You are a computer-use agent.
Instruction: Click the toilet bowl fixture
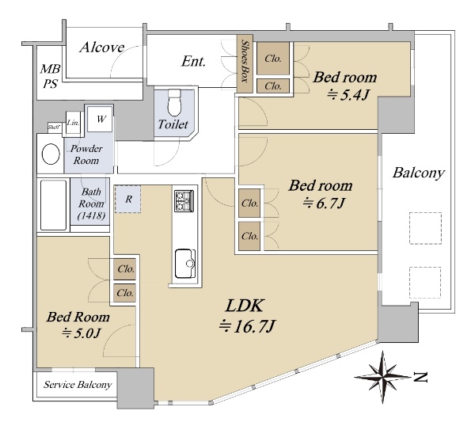coord(174,102)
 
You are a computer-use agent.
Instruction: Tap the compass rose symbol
coord(382,377)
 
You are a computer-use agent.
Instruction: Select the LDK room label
coord(244,306)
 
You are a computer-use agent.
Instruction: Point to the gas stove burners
coord(184,201)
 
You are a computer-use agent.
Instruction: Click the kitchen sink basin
coord(185,264)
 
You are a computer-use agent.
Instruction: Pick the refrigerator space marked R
coord(127,199)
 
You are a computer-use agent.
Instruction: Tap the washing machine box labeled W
coord(101,119)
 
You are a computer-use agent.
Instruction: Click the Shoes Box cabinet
coord(245,67)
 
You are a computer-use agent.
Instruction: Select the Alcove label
coord(102,48)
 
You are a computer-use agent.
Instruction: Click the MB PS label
coord(51,76)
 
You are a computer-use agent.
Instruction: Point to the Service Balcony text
coord(78,385)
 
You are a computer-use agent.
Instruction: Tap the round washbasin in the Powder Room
coord(51,154)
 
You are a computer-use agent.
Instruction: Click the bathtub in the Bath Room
coord(53,205)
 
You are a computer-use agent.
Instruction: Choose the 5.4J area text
coord(348,96)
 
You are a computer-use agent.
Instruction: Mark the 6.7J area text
coord(324,203)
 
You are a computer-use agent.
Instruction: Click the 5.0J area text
coord(81,333)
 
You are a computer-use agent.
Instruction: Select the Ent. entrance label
coord(194,62)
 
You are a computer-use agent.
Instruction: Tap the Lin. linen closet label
coord(73,123)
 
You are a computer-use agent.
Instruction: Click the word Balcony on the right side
coord(418,173)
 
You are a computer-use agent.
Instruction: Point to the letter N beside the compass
coord(420,377)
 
